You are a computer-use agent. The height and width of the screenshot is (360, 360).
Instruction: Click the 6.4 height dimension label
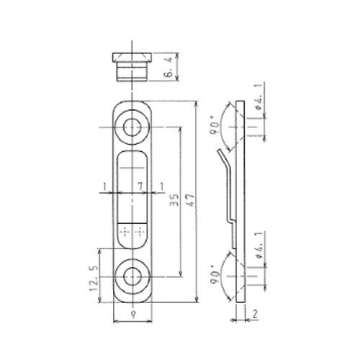coord(168,66)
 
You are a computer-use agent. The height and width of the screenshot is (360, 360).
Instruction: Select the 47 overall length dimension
coord(191,201)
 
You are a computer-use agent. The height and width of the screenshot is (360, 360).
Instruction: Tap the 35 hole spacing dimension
coord(174,199)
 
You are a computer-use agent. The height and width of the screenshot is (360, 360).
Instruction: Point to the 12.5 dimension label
coord(94,278)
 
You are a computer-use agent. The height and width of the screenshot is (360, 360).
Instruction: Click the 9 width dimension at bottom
coord(132,315)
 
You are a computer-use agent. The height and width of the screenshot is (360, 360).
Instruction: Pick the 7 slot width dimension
coord(140,186)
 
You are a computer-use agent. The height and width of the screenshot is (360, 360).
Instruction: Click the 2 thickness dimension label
coord(255,315)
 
